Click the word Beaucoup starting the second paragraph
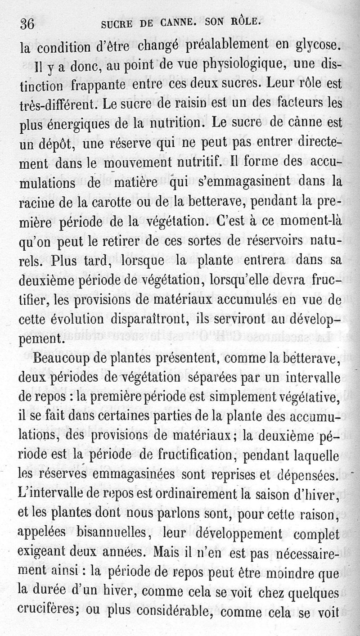62,358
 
